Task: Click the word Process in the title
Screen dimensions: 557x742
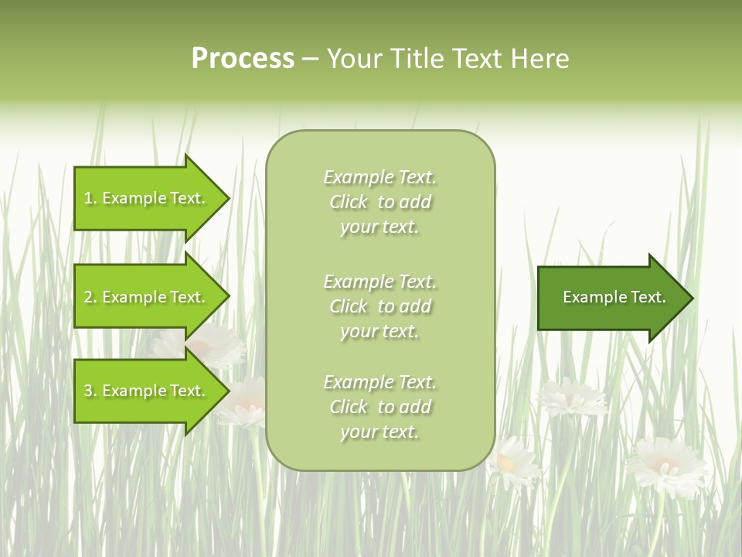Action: point(243,59)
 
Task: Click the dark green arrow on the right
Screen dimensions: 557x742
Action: point(611,297)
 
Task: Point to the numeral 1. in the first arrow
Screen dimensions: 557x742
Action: point(90,198)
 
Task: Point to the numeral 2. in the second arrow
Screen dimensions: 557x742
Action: point(90,297)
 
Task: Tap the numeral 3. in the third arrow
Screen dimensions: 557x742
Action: point(90,391)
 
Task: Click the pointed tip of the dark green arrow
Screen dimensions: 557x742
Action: point(689,297)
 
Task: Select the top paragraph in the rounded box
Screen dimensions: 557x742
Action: point(380,202)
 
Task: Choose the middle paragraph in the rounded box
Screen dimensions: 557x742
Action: point(380,306)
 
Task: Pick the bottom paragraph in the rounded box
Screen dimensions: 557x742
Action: point(380,407)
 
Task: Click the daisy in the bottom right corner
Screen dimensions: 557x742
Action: point(666,466)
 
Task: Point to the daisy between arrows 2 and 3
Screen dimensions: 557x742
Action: point(209,344)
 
